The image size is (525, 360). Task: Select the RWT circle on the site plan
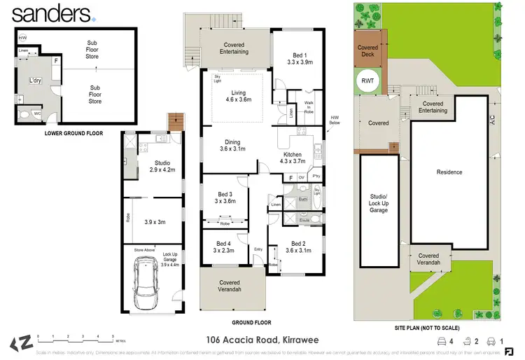(x=368, y=81)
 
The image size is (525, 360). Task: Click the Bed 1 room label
(x=297, y=57)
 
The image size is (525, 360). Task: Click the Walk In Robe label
(x=309, y=107)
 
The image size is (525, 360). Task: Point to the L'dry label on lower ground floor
(x=35, y=81)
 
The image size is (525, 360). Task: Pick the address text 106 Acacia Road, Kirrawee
(x=262, y=340)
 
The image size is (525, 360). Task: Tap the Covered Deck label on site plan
(x=367, y=51)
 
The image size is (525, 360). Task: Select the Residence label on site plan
(x=449, y=172)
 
